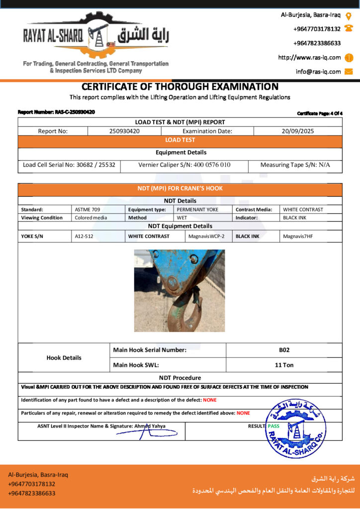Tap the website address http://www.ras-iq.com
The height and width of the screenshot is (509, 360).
(x=309, y=57)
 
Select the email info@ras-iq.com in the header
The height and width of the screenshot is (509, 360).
(x=318, y=72)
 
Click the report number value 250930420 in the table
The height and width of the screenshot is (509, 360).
(x=124, y=131)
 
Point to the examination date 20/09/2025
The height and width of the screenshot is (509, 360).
(x=297, y=131)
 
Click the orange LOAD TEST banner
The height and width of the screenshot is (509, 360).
(x=180, y=141)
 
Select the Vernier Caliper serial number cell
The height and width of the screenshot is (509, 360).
(x=184, y=165)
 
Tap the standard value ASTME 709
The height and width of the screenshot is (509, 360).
(x=88, y=209)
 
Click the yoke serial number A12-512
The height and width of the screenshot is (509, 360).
(x=84, y=236)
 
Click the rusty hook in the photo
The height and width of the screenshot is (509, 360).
(x=185, y=308)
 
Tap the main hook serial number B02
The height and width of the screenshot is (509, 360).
(x=284, y=350)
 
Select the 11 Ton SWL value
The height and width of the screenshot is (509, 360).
(x=284, y=365)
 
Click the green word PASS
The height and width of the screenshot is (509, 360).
(x=273, y=426)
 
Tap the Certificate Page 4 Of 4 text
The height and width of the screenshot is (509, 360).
(x=320, y=113)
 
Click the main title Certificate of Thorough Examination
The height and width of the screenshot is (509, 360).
(x=180, y=86)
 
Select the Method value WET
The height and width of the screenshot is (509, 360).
(x=182, y=218)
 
